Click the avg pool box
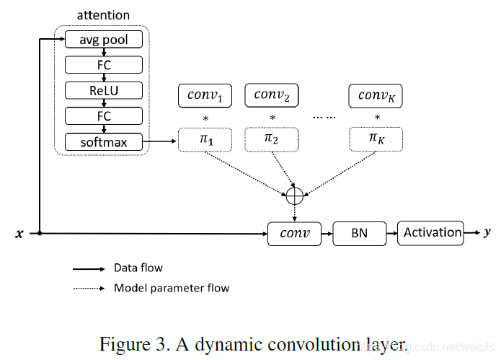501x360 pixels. tap(104, 40)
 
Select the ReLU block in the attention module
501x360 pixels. tap(104, 90)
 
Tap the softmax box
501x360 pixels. tap(104, 142)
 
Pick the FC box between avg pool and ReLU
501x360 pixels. tap(104, 65)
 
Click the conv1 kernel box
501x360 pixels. tap(205, 95)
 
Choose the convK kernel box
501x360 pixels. tap(376, 95)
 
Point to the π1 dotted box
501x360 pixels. tap(205, 139)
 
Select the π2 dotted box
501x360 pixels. tap(272, 139)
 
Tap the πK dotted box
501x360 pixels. tap(376, 139)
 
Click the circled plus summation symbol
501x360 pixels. tap(295, 195)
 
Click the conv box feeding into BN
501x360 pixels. tap(294, 234)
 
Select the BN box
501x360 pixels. tap(359, 234)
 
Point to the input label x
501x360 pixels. tap(19, 234)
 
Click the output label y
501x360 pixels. tap(488, 232)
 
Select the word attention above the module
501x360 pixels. tap(103, 15)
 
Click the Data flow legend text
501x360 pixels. tap(138, 268)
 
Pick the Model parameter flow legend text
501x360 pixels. tap(172, 288)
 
